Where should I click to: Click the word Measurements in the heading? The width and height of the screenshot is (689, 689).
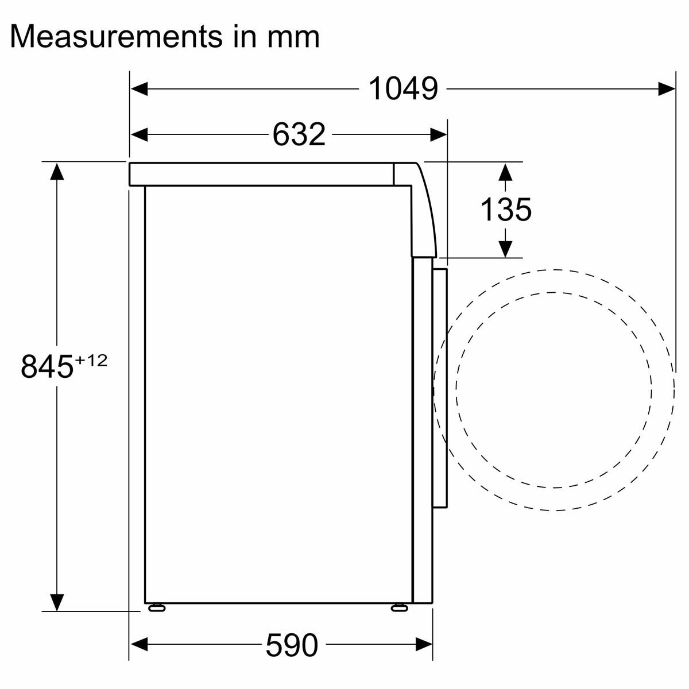coord(116,37)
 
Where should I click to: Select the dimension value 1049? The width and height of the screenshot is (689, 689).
coord(403,88)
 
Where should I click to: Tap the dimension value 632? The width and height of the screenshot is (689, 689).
coord(299,134)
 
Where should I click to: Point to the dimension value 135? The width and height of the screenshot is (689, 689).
coord(506,209)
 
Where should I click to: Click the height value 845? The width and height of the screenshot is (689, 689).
coord(47,366)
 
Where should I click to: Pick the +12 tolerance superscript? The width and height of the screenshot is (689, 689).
coord(91,361)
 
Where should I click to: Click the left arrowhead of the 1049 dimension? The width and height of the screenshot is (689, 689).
coord(139,88)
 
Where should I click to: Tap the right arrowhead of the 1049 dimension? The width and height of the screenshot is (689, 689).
coord(667,88)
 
